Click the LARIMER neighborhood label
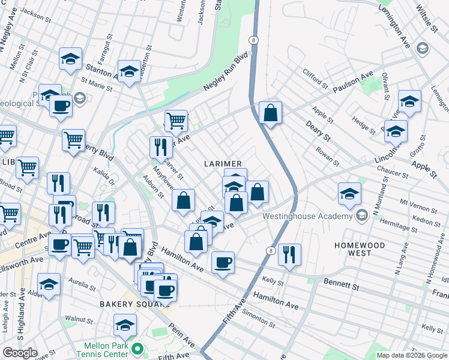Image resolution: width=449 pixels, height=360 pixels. coord(222,164)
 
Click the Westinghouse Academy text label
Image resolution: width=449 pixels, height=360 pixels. coord(306,216)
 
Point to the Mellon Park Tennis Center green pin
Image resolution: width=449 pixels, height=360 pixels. coord(137,348)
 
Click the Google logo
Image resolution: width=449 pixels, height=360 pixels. coord(19,353)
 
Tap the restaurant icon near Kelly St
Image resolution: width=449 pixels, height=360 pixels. coord(289,254)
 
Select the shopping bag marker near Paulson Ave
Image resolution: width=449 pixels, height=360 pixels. coord(271,112)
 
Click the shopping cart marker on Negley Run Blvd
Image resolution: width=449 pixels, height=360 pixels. coord(176,120)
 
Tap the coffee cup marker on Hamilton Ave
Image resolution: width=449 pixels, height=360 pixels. coord(223,262)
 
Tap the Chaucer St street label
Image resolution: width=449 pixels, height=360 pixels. coord(393,173)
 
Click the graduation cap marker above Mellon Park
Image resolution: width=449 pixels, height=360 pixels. coord(125,325)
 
